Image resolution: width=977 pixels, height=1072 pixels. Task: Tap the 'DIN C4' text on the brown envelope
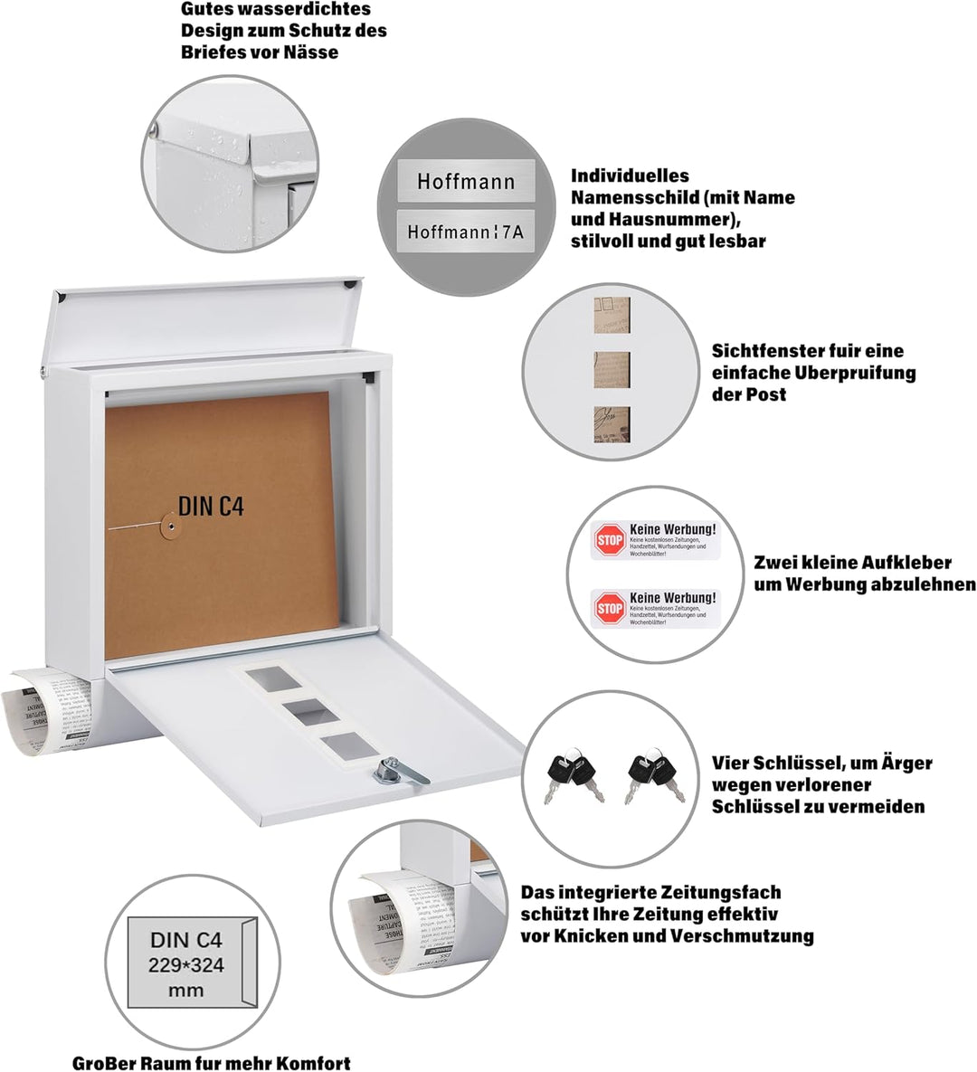(x=211, y=506)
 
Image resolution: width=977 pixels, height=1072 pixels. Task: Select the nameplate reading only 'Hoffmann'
(x=466, y=181)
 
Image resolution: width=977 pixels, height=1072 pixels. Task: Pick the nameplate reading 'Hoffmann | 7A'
(x=466, y=232)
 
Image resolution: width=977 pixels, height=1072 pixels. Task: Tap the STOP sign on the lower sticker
(x=610, y=609)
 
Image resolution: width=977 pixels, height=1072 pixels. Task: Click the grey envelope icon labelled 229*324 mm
(x=186, y=962)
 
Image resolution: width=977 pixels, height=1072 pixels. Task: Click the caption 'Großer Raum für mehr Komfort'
(x=212, y=1063)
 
